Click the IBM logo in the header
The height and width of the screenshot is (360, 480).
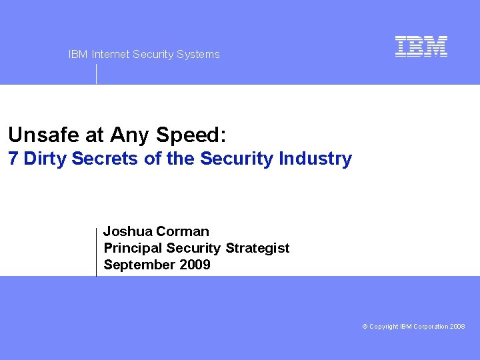coord(421,46)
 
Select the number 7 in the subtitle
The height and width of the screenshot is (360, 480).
coord(13,159)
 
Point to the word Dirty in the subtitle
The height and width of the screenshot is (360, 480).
coord(44,159)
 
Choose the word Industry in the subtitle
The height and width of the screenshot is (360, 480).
coord(315,159)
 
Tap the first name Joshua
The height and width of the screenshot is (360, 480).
coord(127,232)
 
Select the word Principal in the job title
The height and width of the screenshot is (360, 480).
coord(133,248)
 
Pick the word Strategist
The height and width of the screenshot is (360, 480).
coord(257,248)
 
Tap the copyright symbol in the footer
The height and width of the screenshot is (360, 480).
coord(365,327)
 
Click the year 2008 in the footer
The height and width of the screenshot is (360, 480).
coord(457,327)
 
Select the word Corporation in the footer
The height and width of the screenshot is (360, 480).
coord(431,327)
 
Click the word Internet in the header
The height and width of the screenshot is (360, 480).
coord(111,55)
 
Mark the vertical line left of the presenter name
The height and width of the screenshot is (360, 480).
coord(97,251)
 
